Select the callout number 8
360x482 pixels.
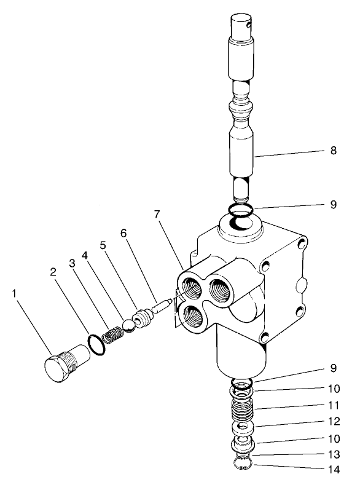(334, 149)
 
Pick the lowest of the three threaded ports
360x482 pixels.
(192, 317)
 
